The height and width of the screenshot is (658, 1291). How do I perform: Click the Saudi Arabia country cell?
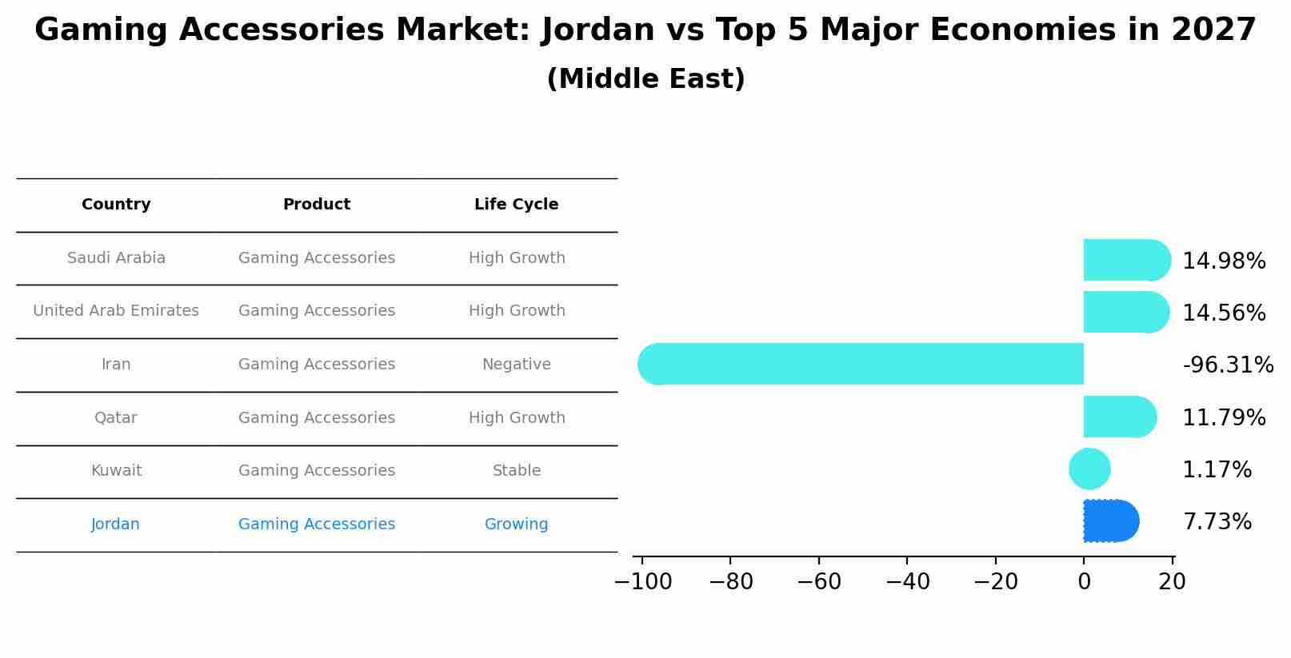pyautogui.click(x=116, y=258)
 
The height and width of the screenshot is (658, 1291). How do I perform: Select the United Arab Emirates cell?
pyautogui.click(x=116, y=311)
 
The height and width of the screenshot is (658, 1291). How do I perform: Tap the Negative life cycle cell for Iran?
pyautogui.click(x=516, y=365)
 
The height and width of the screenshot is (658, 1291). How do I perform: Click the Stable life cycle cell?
pyautogui.click(x=516, y=471)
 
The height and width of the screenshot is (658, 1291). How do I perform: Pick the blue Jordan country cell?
pyautogui.click(x=115, y=524)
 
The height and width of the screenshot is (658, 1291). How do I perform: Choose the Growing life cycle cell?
pyautogui.click(x=516, y=524)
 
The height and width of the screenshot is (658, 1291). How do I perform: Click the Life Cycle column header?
pyautogui.click(x=516, y=205)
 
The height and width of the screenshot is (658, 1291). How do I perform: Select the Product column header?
pyautogui.click(x=316, y=205)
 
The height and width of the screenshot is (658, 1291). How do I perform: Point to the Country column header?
pyautogui.click(x=116, y=205)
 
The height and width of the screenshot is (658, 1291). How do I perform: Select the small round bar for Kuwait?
pyautogui.click(x=1089, y=469)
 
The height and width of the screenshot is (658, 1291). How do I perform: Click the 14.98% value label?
pyautogui.click(x=1224, y=261)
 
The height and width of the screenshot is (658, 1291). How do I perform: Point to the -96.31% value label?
pyautogui.click(x=1228, y=365)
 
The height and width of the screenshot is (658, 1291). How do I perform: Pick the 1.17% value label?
pyautogui.click(x=1217, y=470)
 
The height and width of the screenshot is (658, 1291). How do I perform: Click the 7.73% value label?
pyautogui.click(x=1217, y=522)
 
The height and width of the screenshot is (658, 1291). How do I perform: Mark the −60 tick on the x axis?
pyautogui.click(x=819, y=582)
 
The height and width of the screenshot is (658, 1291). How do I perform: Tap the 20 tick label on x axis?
pyautogui.click(x=1172, y=582)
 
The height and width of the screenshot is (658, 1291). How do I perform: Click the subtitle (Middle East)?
pyautogui.click(x=645, y=79)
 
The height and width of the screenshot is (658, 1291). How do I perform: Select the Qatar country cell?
pyautogui.click(x=116, y=418)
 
